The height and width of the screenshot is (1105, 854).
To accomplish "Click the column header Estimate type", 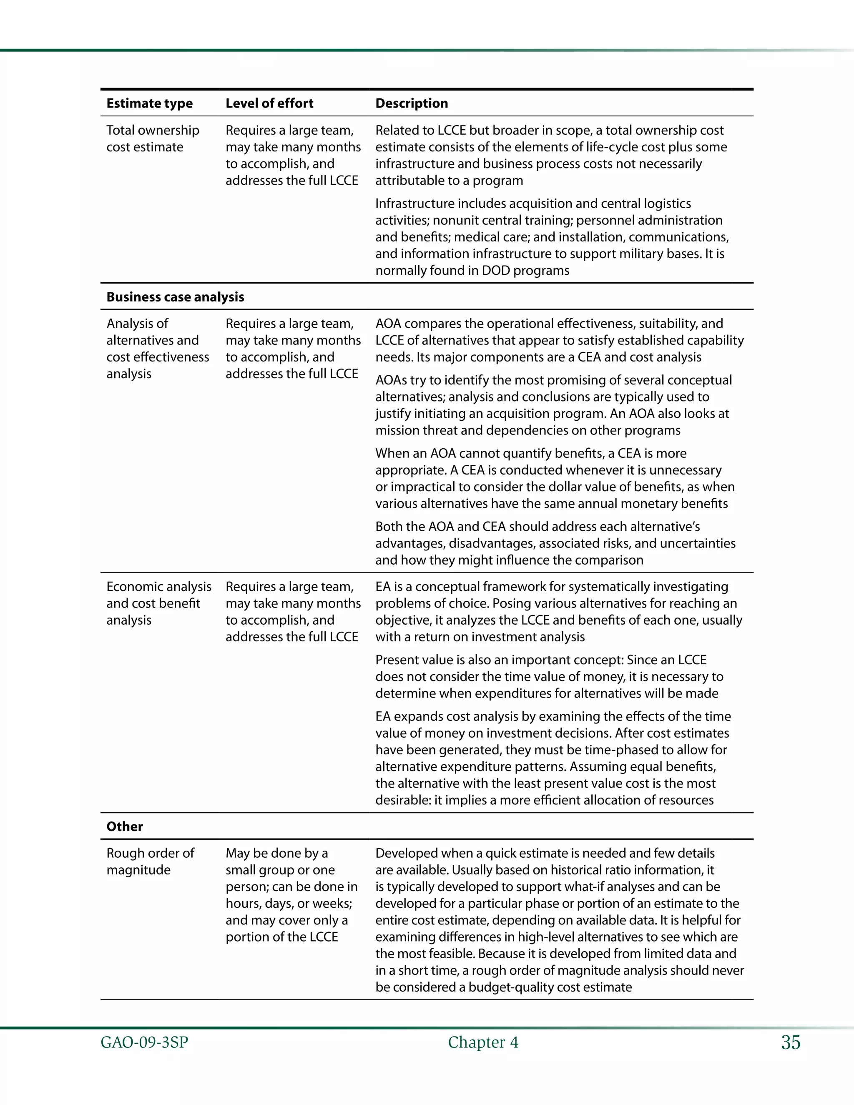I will [149, 103].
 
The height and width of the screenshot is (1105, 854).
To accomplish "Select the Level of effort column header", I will [269, 103].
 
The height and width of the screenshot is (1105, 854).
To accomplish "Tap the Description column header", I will [411, 103].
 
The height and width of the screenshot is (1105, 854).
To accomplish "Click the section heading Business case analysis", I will [175, 297].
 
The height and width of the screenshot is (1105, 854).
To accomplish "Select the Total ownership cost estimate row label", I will [152, 138].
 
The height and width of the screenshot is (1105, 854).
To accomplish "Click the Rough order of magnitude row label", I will [150, 861].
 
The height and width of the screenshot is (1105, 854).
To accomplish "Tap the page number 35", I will [790, 1042].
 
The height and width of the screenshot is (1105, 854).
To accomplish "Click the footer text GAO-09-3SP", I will [144, 1042].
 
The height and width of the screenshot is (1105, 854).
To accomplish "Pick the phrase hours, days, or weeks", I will [289, 904].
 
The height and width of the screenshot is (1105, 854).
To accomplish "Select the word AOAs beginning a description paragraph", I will [391, 380].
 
